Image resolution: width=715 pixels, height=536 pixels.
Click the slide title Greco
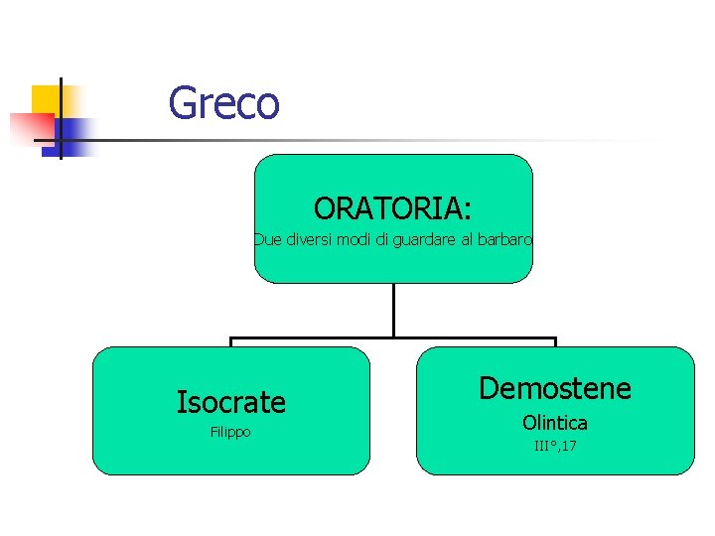[x=223, y=102]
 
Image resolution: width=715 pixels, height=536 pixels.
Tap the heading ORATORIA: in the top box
[x=392, y=208]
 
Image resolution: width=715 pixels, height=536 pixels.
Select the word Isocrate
[x=230, y=402]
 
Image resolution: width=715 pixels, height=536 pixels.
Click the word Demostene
[x=554, y=388]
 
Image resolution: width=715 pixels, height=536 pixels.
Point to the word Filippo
[x=230, y=433]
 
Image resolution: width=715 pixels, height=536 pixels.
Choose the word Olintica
[x=554, y=423]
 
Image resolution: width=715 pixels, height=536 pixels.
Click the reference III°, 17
[x=554, y=446]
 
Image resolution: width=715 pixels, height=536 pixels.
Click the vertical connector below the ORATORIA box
[x=393, y=310]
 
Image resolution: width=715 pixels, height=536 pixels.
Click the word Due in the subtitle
[x=266, y=239]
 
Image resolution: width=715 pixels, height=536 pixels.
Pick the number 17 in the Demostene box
[x=569, y=446]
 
